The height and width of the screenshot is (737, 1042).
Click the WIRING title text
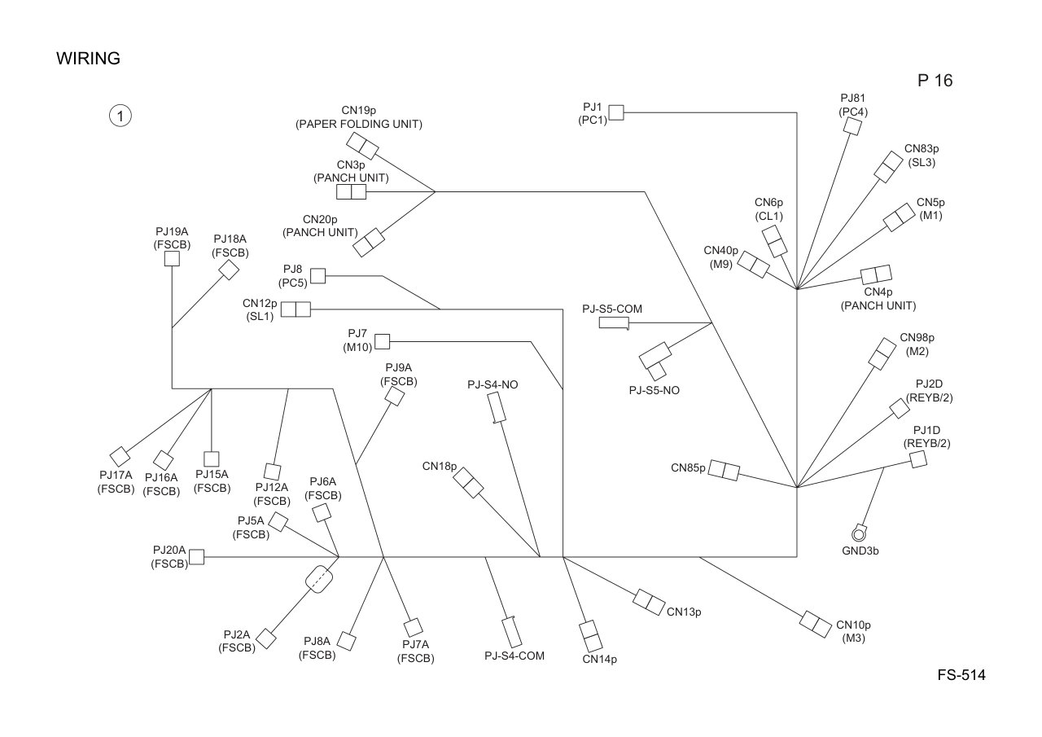88,59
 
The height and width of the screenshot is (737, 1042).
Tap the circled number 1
120,116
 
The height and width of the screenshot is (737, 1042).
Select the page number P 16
935,81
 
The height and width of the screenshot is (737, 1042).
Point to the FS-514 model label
961,674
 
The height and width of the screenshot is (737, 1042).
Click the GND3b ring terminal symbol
859,533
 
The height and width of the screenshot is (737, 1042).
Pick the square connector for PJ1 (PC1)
616,112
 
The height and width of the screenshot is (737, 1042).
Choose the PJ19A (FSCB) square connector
172,259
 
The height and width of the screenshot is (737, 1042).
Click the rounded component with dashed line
319,579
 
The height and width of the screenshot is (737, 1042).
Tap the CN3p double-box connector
351,191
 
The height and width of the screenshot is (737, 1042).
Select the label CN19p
358,110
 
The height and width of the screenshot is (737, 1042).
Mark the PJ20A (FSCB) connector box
196,556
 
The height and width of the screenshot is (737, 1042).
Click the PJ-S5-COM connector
614,323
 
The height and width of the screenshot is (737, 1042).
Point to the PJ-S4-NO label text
493,384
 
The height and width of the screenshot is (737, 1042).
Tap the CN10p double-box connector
816,625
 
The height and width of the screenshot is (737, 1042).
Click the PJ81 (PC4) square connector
852,126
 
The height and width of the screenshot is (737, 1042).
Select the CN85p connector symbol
724,471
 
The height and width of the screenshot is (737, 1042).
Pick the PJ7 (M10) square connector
382,341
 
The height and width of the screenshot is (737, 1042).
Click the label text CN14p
599,660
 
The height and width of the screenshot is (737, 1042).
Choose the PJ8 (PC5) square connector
317,275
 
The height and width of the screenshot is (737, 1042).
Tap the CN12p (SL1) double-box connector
296,309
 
